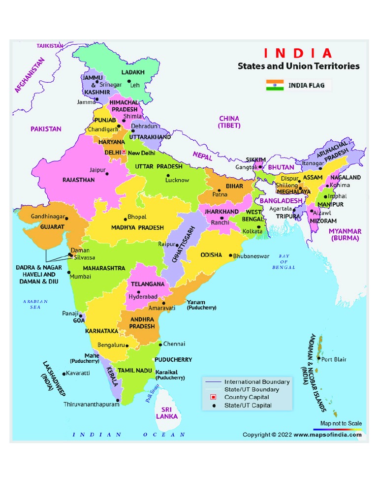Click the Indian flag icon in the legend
click(x=275, y=85)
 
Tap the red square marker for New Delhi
click(x=124, y=153)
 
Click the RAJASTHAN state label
click(x=78, y=180)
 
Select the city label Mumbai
click(x=80, y=277)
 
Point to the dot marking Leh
click(x=128, y=81)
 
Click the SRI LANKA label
click(x=167, y=412)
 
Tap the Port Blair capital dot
click(x=318, y=359)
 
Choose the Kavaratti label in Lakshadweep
click(x=78, y=373)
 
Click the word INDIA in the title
click(x=298, y=53)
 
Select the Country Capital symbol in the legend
click(x=214, y=397)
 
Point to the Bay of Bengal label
click(x=283, y=261)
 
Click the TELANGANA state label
click(x=147, y=284)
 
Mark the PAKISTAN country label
click(x=46, y=129)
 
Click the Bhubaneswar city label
click(x=251, y=256)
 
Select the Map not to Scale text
click(x=341, y=423)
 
